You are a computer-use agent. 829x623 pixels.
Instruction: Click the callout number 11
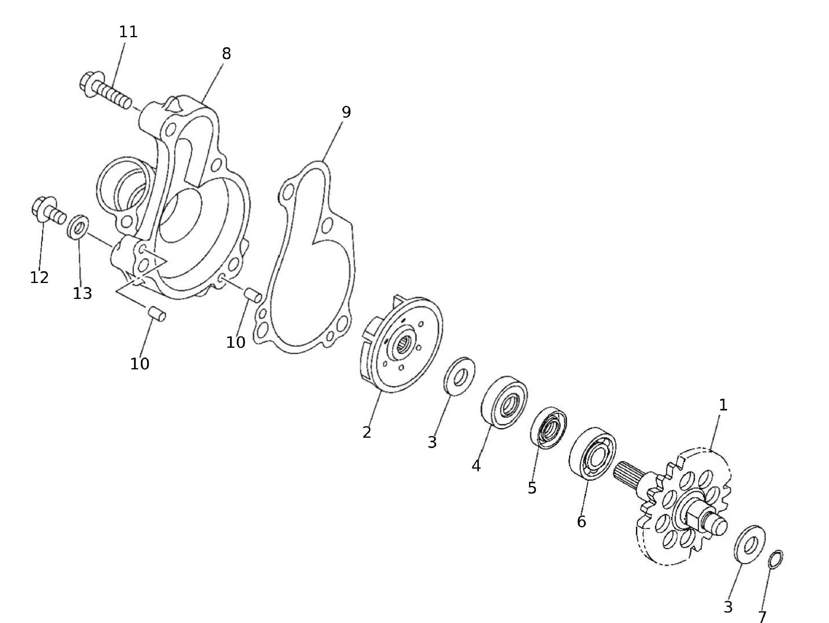pos(128,32)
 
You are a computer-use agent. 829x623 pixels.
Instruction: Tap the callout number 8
pos(226,54)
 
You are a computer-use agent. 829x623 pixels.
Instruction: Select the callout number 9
pos(346,112)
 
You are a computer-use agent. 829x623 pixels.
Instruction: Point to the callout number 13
pos(83,294)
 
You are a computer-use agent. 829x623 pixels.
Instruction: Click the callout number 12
pos(39,277)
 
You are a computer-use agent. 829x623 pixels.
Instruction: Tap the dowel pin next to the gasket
pos(253,295)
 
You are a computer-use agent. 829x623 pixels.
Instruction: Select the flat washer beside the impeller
pos(459,376)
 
